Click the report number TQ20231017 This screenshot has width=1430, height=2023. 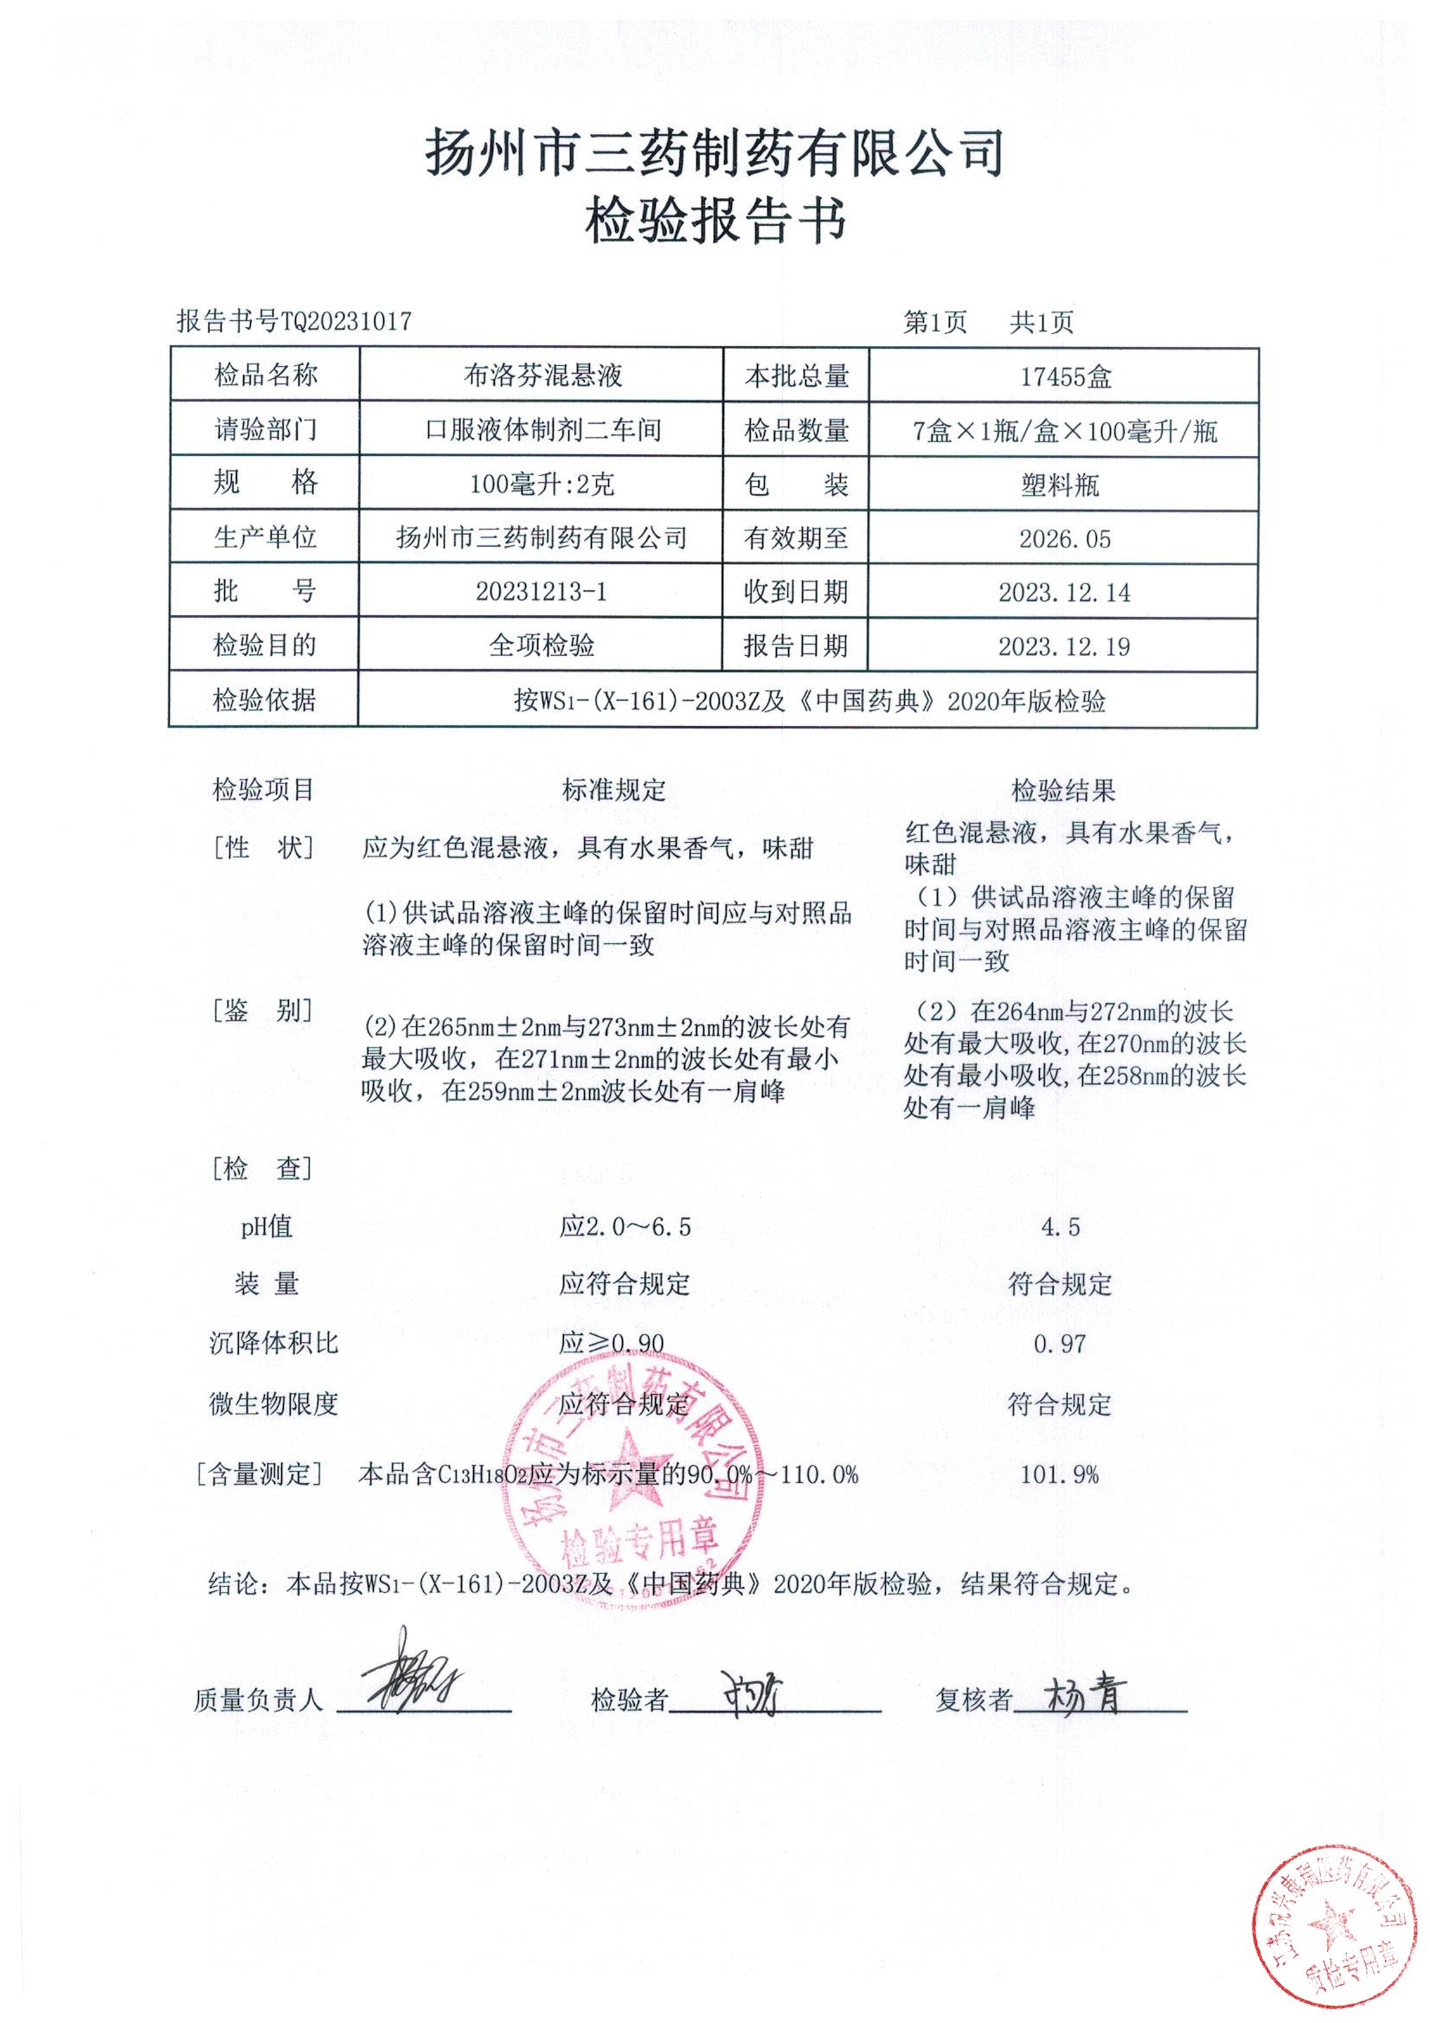coord(345,321)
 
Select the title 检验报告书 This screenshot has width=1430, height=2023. coord(715,221)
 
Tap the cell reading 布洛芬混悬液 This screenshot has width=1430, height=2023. coord(542,376)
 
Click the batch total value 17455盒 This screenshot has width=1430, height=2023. coord(1065,377)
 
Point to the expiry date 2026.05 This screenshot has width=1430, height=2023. coord(1065,538)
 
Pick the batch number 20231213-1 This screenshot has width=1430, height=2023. coord(541,591)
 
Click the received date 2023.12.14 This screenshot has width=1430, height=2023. coord(1064,592)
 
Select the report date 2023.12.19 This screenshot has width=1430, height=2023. coord(1064,646)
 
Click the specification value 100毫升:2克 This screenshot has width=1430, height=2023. coord(542,485)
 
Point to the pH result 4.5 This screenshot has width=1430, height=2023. coord(1060,1227)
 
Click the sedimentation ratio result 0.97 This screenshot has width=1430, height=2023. coord(1059,1344)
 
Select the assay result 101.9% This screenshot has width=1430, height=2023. coord(1059,1475)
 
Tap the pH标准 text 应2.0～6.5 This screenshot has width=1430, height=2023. coord(625,1226)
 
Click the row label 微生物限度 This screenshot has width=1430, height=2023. coord(273,1403)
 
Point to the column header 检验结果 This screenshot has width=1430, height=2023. coord(1062,790)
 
